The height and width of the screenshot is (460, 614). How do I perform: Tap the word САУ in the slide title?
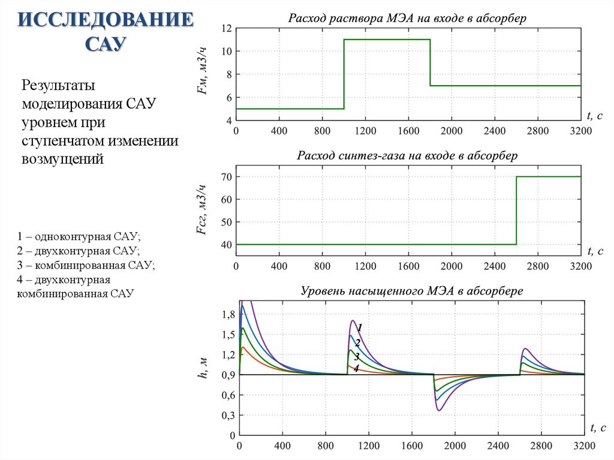(106, 44)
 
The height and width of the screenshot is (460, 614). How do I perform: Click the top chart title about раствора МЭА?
(407, 18)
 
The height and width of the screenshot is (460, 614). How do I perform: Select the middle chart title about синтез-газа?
(407, 156)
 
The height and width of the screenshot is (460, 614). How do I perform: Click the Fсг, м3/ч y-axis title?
(203, 210)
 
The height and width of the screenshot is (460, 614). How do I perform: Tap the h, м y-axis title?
(203, 366)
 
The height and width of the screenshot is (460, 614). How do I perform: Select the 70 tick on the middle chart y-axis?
(225, 176)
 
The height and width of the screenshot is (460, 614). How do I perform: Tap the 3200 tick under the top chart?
(580, 131)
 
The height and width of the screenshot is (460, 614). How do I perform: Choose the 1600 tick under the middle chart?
(408, 266)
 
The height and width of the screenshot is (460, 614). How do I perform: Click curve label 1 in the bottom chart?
(360, 327)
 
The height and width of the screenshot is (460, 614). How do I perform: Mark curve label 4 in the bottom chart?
(356, 368)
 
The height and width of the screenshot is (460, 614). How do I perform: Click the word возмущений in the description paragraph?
(63, 159)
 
